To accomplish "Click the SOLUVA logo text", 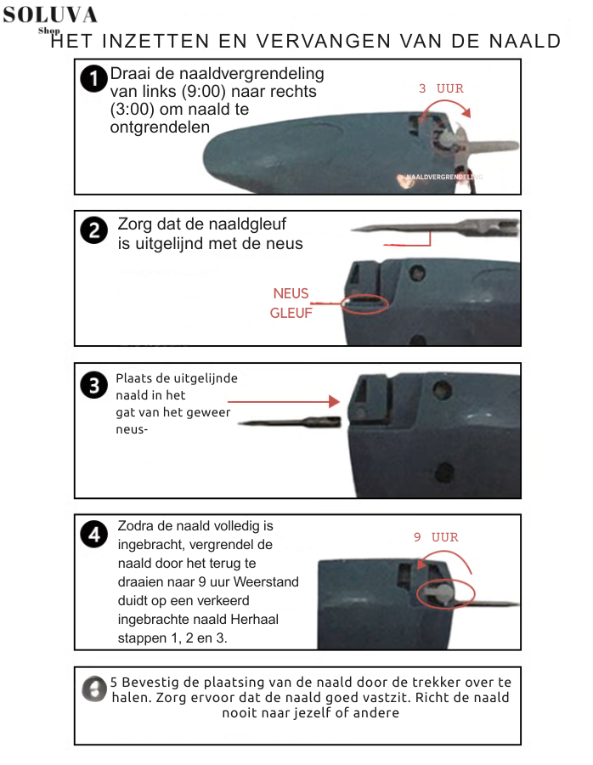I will coord(49,14).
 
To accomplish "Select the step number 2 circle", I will coord(93,230).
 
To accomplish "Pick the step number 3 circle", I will coord(93,386).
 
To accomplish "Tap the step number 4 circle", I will coord(93,535).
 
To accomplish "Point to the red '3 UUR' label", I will coord(441,88).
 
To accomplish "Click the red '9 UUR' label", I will coord(435,537).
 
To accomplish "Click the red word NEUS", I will coord(291,293).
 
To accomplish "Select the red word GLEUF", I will coord(291,312).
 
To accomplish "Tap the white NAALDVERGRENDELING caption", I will coord(443,177).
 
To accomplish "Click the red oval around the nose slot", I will coord(363,302).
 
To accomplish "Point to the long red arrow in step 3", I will coord(284,399).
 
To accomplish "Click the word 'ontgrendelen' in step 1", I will coord(159,127).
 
